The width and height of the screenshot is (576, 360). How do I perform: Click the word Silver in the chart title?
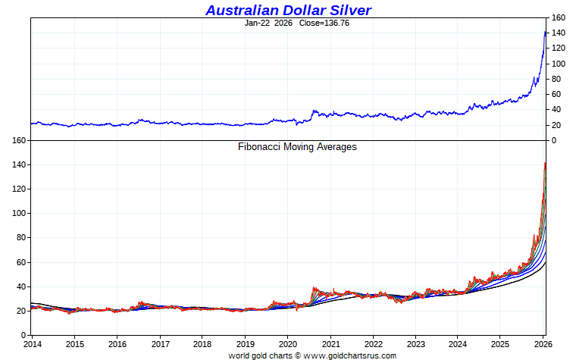click(x=346, y=10)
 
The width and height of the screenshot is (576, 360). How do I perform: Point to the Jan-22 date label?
click(x=258, y=23)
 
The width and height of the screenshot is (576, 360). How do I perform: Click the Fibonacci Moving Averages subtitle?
click(x=297, y=147)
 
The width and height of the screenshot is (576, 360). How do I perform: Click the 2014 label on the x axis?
click(x=33, y=344)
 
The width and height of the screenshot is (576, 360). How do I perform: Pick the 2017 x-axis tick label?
click(x=160, y=344)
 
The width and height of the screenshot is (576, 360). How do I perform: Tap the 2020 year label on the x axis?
click(x=288, y=344)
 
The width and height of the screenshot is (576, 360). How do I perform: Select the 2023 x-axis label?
click(x=415, y=344)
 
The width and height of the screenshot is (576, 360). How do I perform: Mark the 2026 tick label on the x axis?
click(x=543, y=344)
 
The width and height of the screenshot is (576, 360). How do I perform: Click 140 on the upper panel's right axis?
click(x=559, y=33)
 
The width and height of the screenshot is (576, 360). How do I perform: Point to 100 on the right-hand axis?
click(x=559, y=64)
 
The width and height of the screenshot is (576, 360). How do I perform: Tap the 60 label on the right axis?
click(x=557, y=95)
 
